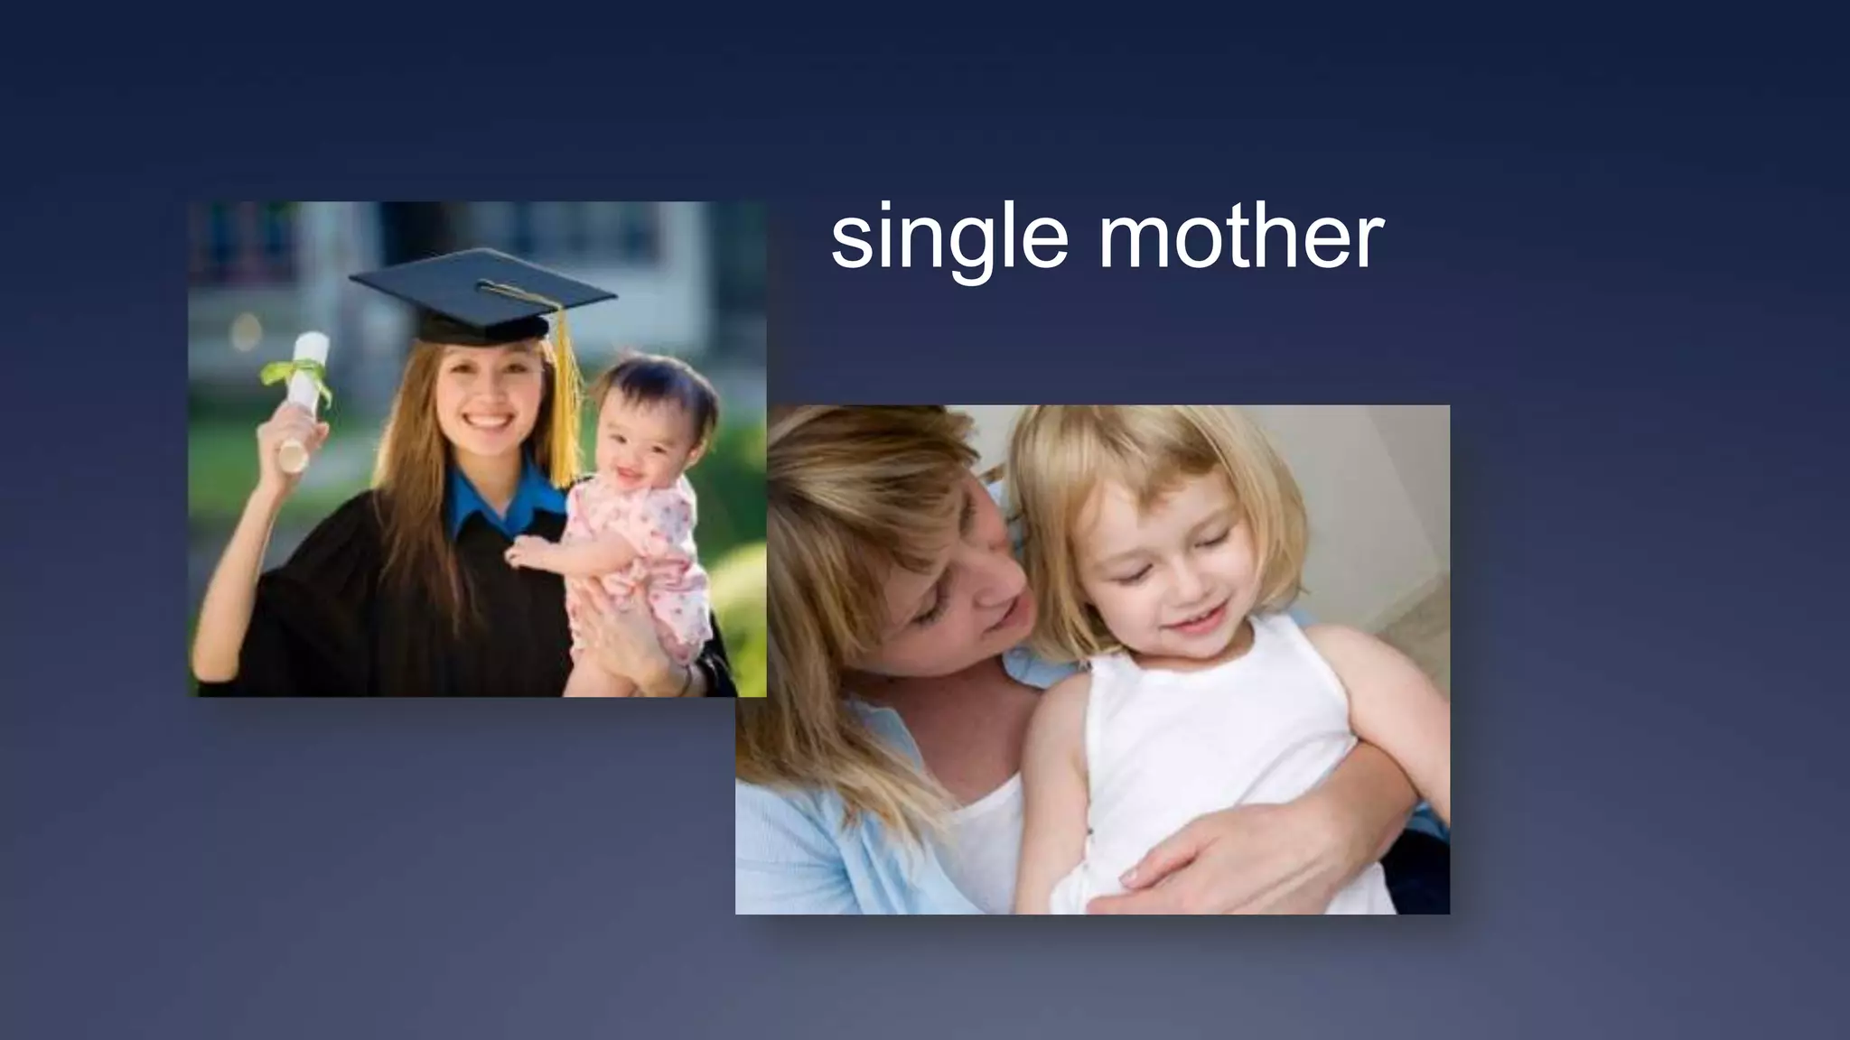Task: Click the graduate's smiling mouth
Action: (488, 422)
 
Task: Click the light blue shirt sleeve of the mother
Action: (804, 812)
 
